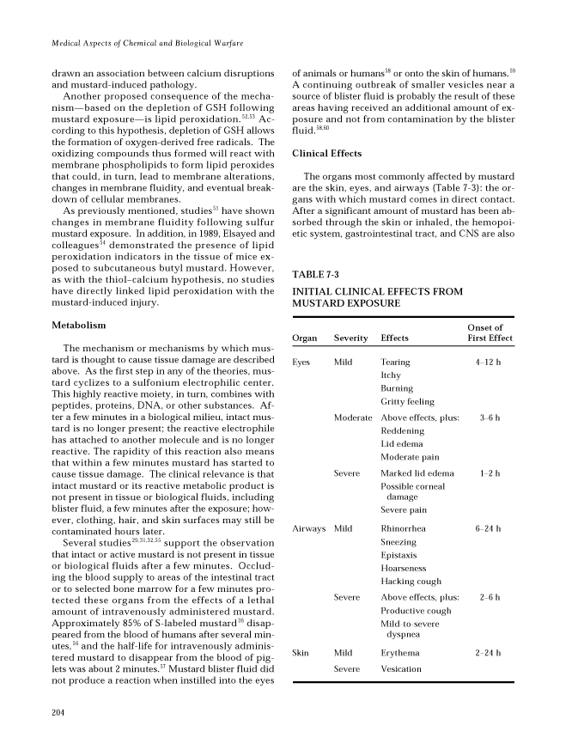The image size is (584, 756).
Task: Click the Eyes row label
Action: click(301, 363)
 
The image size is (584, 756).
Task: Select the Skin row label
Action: click(301, 654)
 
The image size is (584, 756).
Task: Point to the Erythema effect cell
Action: click(398, 654)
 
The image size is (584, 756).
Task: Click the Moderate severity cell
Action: click(353, 418)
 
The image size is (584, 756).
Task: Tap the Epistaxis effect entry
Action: click(398, 555)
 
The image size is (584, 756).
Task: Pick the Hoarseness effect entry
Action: click(403, 568)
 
